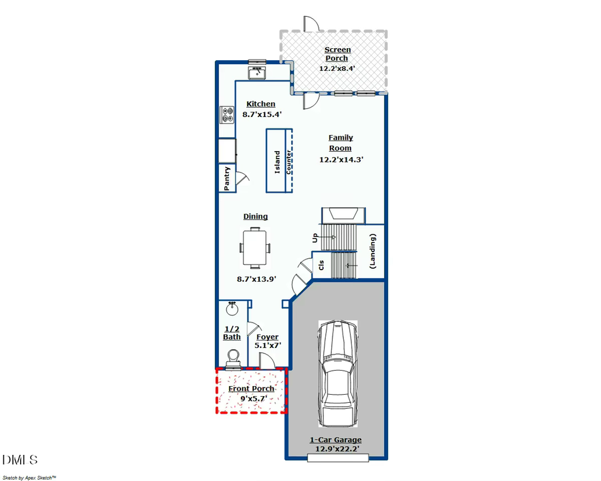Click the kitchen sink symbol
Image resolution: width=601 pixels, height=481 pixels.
(257, 72)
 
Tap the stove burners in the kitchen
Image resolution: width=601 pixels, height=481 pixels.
(227, 115)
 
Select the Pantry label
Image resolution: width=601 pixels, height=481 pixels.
(226, 178)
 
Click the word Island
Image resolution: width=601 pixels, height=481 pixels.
(277, 162)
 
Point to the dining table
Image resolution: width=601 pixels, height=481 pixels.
(255, 248)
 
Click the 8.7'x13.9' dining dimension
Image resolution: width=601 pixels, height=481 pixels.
(256, 279)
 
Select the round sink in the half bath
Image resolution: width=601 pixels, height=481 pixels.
(232, 308)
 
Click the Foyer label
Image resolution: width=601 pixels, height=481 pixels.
(268, 336)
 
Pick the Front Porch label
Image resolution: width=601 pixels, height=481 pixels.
(252, 389)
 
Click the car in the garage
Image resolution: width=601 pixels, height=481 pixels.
(338, 373)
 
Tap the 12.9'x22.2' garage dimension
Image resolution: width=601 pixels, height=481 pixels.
(337, 449)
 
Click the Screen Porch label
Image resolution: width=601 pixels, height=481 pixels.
(337, 54)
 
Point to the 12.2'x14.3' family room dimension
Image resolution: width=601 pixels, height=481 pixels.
(341, 160)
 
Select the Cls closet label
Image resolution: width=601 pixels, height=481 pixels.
(321, 265)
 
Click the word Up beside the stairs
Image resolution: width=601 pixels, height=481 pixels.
(315, 237)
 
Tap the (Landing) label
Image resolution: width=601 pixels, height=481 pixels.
(372, 252)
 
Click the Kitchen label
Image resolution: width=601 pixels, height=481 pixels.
(260, 104)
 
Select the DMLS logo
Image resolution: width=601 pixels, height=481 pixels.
(20, 460)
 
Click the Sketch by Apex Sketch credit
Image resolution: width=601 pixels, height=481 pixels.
(29, 478)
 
